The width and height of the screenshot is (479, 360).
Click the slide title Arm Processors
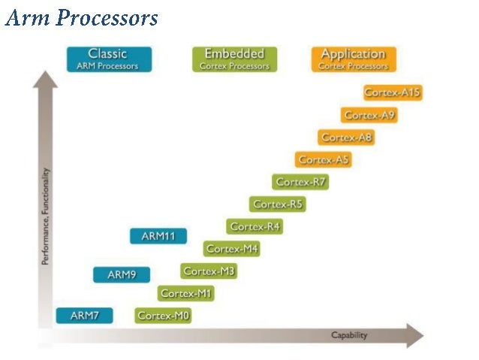(81, 17)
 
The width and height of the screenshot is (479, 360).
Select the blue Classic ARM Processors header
(108, 59)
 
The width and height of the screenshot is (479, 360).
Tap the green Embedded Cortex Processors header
(234, 59)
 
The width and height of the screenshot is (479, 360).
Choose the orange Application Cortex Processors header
(353, 59)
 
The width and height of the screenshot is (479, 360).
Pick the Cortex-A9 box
(369, 115)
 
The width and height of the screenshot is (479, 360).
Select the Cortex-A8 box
(346, 138)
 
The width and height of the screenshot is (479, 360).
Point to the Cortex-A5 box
(324, 159)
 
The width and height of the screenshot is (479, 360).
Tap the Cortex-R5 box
(278, 204)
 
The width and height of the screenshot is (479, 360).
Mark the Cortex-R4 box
(255, 226)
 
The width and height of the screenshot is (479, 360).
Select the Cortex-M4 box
(232, 248)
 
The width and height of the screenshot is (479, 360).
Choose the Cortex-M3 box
(209, 271)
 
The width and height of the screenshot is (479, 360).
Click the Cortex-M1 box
(186, 293)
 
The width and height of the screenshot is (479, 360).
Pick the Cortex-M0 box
(163, 316)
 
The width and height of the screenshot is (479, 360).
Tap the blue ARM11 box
(158, 236)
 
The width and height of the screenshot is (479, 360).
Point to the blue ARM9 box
(122, 275)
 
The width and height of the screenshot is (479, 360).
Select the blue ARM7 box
(85, 316)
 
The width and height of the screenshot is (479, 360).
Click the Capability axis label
(349, 335)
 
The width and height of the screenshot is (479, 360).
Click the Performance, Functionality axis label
(46, 216)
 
